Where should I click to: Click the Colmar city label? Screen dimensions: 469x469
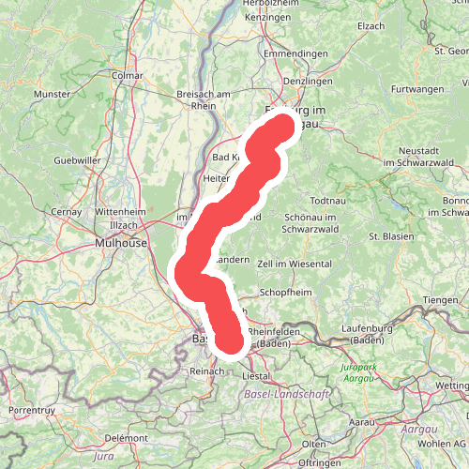(x=126, y=74)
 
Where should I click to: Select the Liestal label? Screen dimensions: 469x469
(x=256, y=375)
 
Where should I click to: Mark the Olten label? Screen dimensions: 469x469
(x=313, y=443)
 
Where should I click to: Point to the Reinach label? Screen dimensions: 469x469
(x=206, y=371)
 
